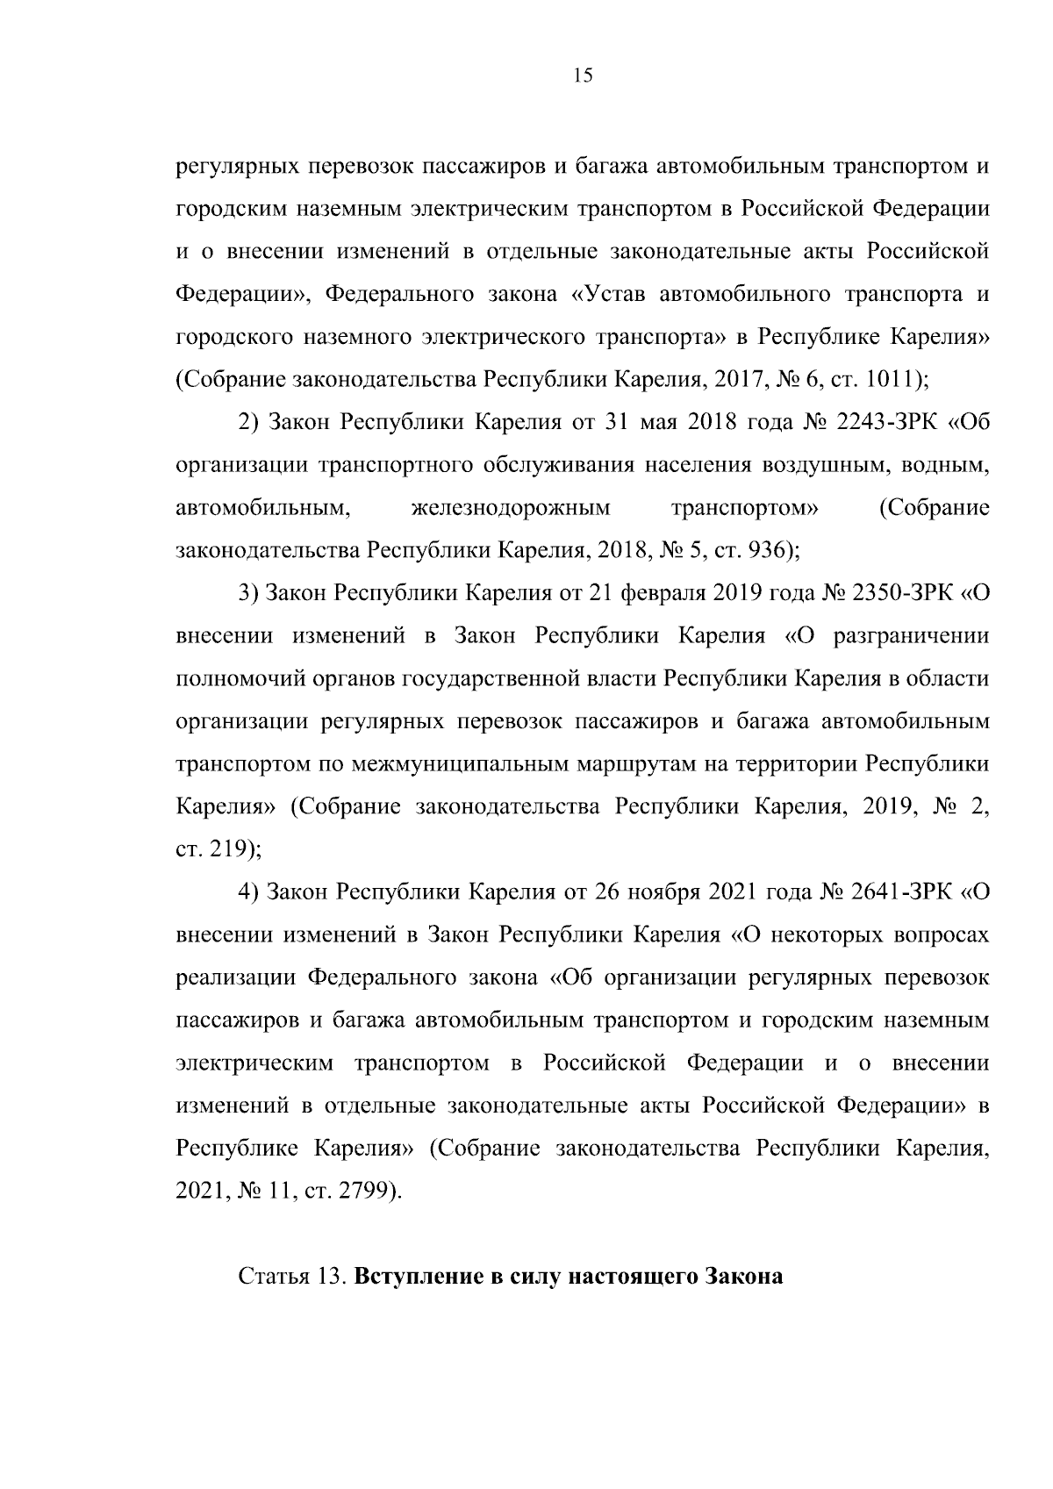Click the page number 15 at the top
[583, 76]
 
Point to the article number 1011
[892, 379]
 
